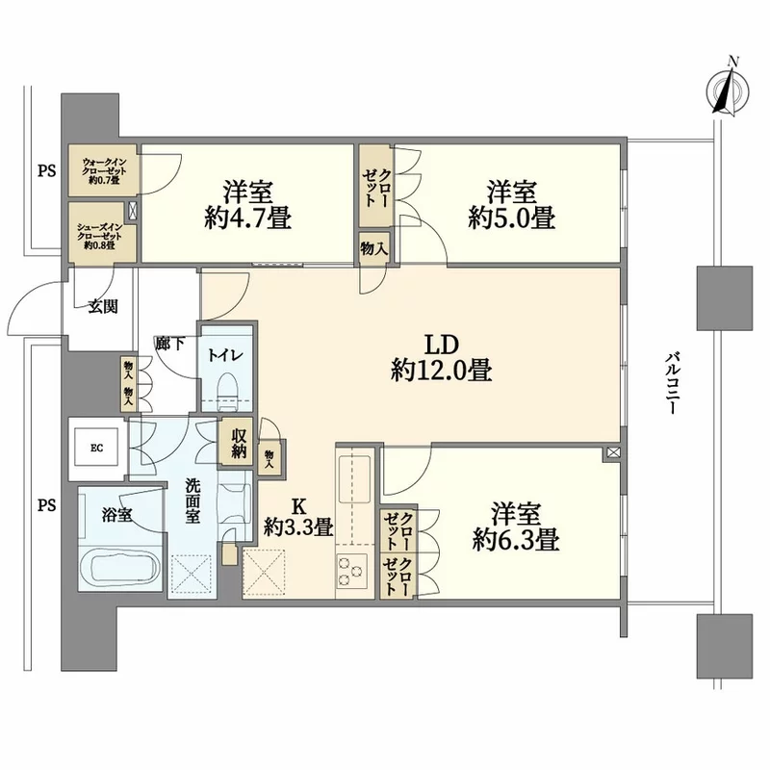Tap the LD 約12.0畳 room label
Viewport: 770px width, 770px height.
click(x=442, y=357)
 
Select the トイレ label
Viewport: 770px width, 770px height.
click(x=227, y=356)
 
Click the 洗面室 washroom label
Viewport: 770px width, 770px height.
click(x=193, y=500)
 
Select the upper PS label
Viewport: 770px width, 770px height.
click(x=46, y=172)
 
